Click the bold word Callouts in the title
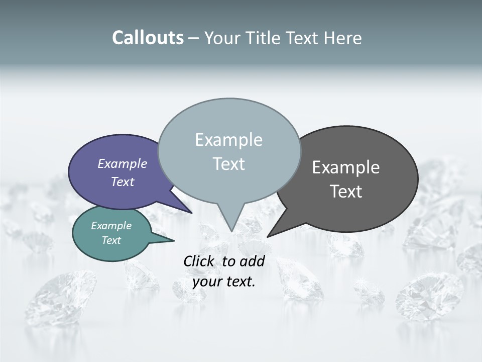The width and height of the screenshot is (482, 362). coord(148,38)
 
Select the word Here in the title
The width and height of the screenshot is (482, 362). coord(343,38)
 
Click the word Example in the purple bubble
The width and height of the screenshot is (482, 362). coord(122,163)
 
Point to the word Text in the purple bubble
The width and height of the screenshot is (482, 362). coord(122,182)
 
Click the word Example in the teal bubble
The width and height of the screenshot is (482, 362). coord(111,226)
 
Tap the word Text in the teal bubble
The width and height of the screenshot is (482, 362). coord(111,240)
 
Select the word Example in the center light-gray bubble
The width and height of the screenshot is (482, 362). coord(228,140)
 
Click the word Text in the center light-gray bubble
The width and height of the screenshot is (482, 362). coord(228,164)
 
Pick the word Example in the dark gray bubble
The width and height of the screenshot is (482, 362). coord(346,167)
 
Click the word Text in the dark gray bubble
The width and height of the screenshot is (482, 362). coord(346,191)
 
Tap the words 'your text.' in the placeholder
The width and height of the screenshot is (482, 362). coord(224,282)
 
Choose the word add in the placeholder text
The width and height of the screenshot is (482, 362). coord(252,261)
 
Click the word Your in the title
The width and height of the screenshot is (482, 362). coord(221,38)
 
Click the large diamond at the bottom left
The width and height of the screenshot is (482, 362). coord(60,297)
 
